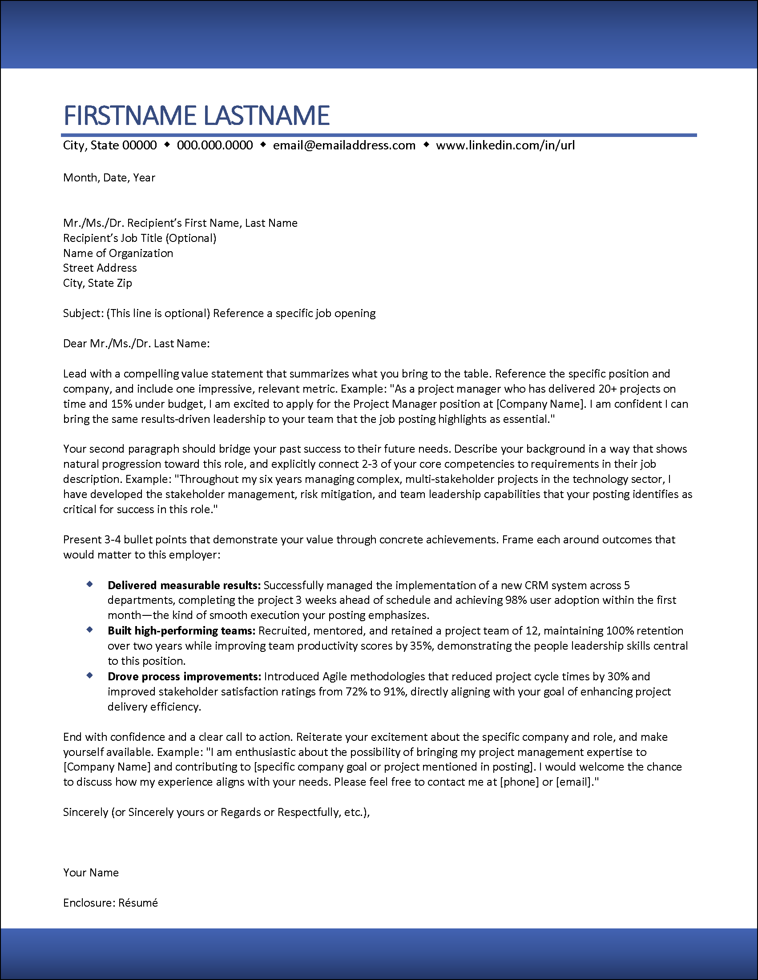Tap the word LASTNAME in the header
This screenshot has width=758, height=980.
[266, 115]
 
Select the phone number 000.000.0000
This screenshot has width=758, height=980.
[214, 145]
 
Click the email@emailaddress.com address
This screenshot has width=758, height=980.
[344, 145]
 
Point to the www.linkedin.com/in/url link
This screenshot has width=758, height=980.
[505, 145]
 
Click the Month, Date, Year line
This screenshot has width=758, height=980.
[109, 178]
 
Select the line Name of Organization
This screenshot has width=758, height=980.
[118, 253]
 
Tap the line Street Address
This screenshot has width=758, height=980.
[100, 268]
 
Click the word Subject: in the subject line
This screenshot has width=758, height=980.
[84, 313]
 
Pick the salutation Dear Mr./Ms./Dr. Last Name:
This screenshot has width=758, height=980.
[137, 344]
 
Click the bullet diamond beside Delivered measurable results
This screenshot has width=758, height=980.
[90, 584]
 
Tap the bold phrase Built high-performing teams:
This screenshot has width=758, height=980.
[181, 631]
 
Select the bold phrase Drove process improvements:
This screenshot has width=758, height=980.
[184, 677]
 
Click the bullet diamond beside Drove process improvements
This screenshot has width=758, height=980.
[90, 675]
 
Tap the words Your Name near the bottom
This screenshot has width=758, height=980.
[91, 873]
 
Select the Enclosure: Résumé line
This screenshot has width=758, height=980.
[110, 903]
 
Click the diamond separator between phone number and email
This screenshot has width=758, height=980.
[263, 145]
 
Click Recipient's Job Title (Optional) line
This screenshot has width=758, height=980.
[140, 238]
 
